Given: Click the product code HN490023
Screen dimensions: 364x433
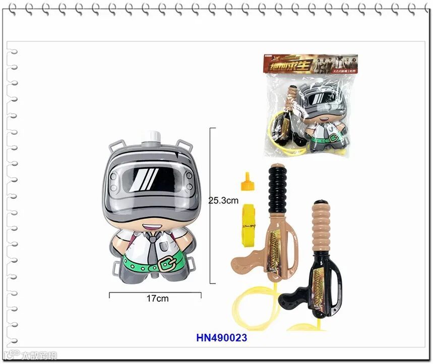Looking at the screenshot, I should click(221, 338).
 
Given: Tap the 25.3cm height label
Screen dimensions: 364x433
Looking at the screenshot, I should click(223, 200).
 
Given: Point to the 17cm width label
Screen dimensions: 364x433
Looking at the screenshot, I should click(158, 299).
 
